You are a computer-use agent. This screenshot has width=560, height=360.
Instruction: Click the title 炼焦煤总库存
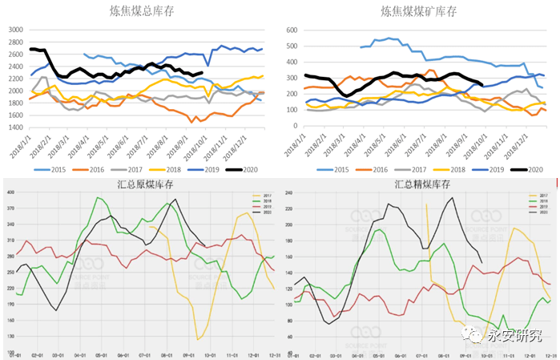pos(143,10)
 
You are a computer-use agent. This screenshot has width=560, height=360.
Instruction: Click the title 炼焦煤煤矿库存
pos(419,10)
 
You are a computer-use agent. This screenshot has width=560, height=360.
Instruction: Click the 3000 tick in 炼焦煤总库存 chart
pos(15,30)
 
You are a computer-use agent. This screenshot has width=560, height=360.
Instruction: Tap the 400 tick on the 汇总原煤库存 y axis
pos(10,193)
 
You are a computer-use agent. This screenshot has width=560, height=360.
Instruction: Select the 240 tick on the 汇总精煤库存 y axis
pos(287,193)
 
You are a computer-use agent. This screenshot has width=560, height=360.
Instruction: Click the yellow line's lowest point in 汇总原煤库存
pos(198,340)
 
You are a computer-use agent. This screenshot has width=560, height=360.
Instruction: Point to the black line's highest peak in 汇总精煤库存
pos(451,197)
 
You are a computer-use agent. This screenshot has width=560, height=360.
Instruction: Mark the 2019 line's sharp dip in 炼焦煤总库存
pos(208,66)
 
